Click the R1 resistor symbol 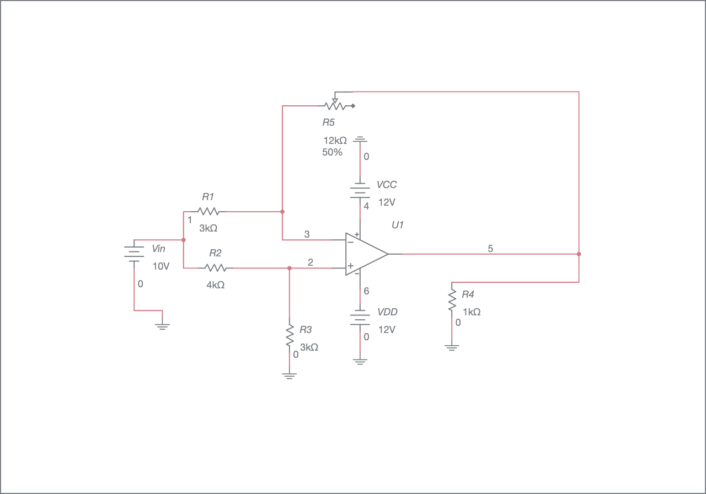[208, 211]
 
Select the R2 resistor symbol [216, 268]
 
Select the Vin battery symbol [134, 253]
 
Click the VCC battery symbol [360, 191]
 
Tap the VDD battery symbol [360, 318]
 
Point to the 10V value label [161, 266]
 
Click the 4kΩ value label [216, 285]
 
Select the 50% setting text [332, 153]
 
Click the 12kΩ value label [335, 141]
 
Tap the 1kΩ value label [472, 312]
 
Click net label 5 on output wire [490, 249]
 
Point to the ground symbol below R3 [289, 376]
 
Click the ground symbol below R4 [452, 347]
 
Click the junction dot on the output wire [579, 254]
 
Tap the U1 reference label [398, 225]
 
